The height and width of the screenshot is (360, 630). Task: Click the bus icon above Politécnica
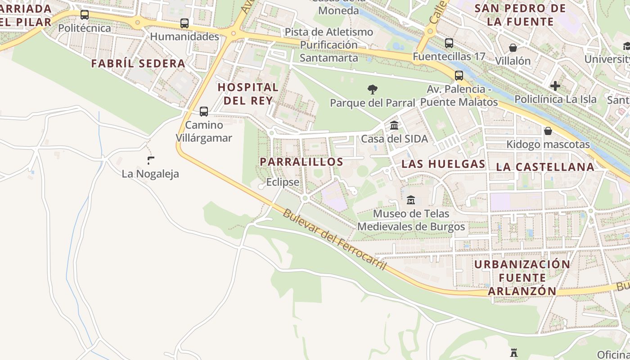pyautogui.click(x=85, y=15)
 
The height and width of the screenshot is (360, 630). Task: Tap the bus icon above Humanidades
pyautogui.click(x=184, y=23)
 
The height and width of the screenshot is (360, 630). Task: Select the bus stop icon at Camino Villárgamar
pyautogui.click(x=204, y=111)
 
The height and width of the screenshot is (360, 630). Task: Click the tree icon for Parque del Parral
pyautogui.click(x=372, y=90)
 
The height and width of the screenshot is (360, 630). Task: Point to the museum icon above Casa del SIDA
pyautogui.click(x=394, y=125)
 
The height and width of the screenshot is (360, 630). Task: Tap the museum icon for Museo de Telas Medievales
pyautogui.click(x=411, y=200)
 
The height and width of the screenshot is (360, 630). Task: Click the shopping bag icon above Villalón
pyautogui.click(x=513, y=47)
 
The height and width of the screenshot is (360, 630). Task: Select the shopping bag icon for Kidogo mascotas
pyautogui.click(x=548, y=131)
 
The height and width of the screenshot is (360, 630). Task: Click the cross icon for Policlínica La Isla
pyautogui.click(x=555, y=85)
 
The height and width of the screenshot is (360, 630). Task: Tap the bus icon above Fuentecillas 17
pyautogui.click(x=449, y=43)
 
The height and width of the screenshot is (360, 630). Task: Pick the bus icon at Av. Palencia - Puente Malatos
pyautogui.click(x=459, y=75)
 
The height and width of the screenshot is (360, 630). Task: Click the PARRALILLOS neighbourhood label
pyautogui.click(x=301, y=162)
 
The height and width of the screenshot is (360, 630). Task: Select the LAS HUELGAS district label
pyautogui.click(x=443, y=164)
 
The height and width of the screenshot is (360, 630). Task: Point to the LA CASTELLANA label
pyautogui.click(x=545, y=167)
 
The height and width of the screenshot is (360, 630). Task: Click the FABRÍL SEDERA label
pyautogui.click(x=138, y=63)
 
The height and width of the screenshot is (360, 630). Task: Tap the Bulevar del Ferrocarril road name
pyautogui.click(x=334, y=239)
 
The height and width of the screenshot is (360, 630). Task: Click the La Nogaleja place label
pyautogui.click(x=150, y=174)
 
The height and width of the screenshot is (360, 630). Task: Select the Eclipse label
pyautogui.click(x=283, y=182)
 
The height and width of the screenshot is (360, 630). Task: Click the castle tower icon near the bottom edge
pyautogui.click(x=514, y=352)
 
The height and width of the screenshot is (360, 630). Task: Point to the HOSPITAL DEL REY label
pyautogui.click(x=248, y=94)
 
